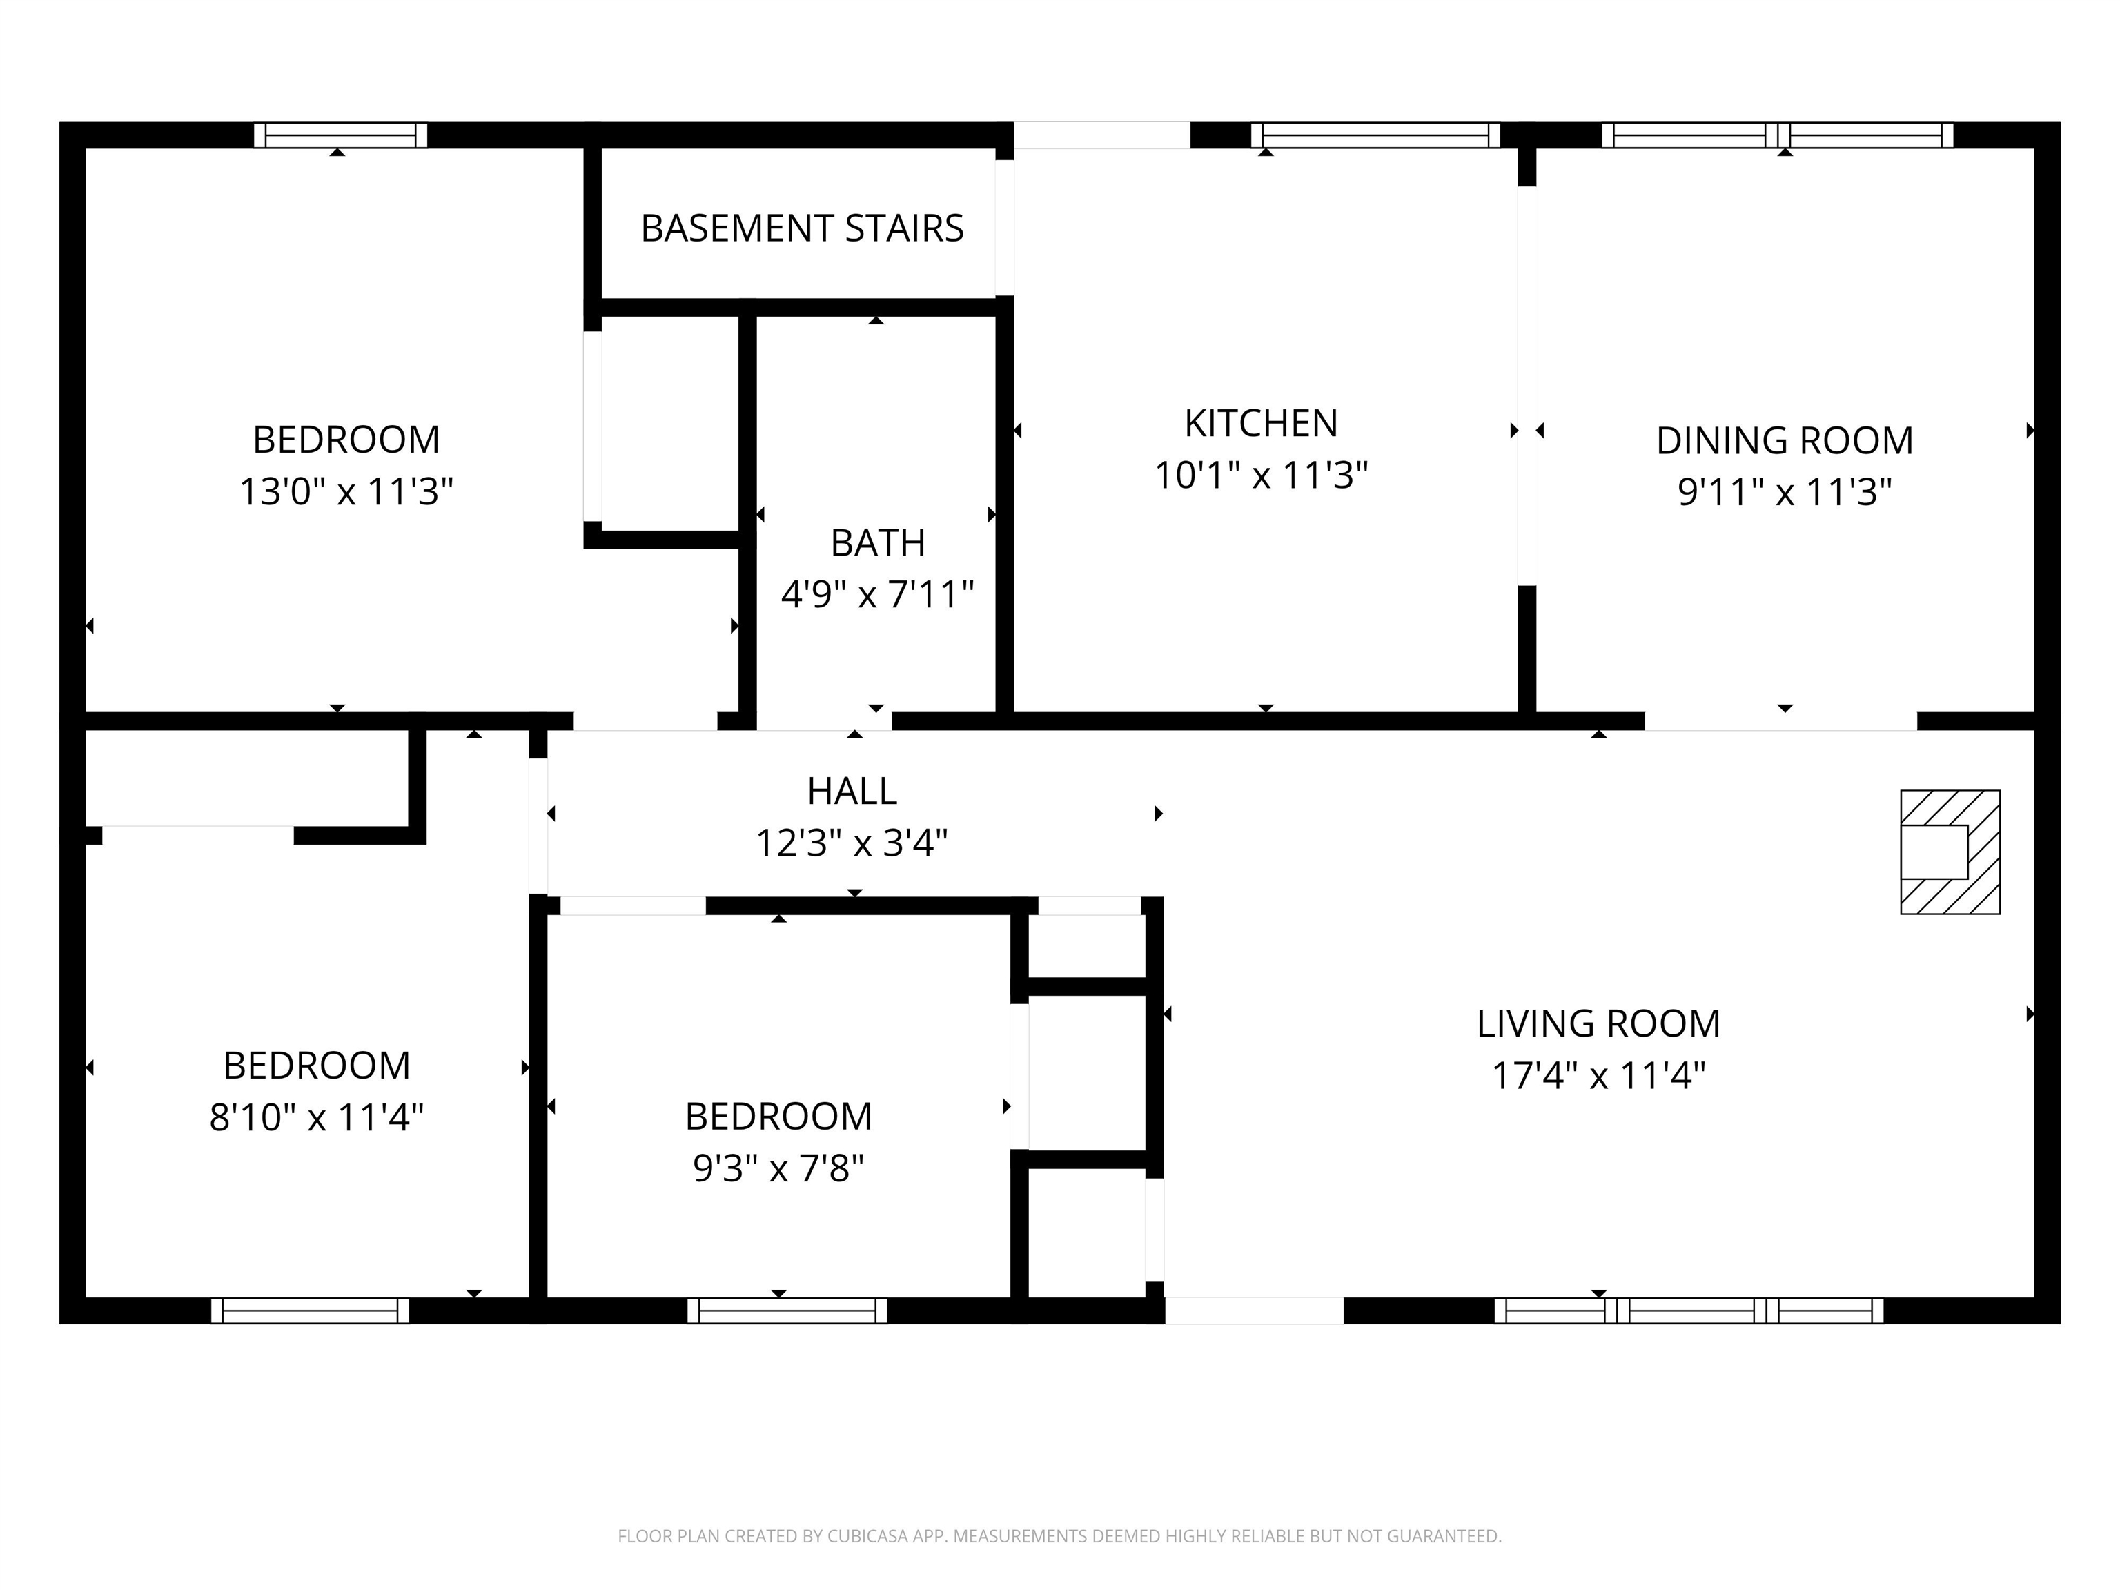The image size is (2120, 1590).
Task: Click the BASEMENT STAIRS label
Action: pos(802,228)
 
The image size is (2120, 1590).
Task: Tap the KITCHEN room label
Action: pos(1260,422)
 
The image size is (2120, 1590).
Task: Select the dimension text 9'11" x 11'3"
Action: pos(1785,493)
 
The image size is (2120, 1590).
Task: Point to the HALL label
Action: pos(852,791)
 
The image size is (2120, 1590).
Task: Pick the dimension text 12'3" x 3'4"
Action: pos(852,843)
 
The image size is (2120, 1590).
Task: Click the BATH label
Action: pos(877,543)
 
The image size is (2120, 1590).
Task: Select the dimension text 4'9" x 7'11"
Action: pos(877,595)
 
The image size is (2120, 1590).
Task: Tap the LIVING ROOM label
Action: pos(1598,1023)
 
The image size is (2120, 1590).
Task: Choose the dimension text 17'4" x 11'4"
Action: pos(1598,1075)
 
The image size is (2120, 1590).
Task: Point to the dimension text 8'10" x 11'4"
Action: pos(316,1117)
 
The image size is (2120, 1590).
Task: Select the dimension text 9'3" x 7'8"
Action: pos(778,1168)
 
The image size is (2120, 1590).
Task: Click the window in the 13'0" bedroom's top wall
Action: pos(340,135)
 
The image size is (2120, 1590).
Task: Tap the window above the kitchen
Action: pos(1375,135)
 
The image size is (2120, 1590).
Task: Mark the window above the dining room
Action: pos(1777,135)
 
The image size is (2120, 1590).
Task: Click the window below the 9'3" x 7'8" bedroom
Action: pos(787,1310)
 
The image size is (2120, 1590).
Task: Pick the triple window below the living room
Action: pos(1689,1310)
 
